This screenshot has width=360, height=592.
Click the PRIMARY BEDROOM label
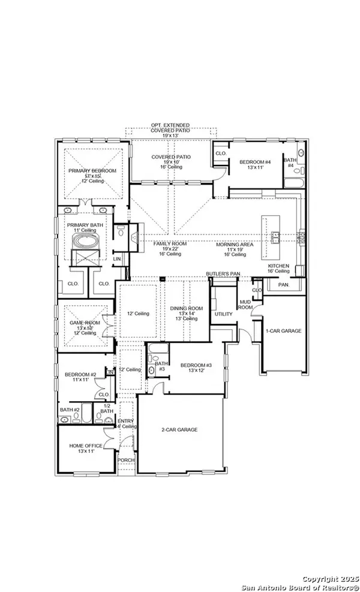(x=92, y=171)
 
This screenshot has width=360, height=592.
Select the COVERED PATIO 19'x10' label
(x=170, y=157)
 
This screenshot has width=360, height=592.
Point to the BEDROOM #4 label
(x=256, y=162)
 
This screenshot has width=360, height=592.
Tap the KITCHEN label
(x=278, y=266)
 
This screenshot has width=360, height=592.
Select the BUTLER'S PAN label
(x=223, y=273)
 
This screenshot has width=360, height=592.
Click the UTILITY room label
(x=224, y=314)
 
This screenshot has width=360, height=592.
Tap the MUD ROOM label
(x=245, y=305)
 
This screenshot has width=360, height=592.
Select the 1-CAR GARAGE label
(x=284, y=330)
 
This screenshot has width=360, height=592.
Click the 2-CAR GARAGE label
(x=179, y=429)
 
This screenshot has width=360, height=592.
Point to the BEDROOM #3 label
(x=197, y=365)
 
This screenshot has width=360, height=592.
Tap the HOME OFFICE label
(x=85, y=445)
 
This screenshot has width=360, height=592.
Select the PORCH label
(x=126, y=460)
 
